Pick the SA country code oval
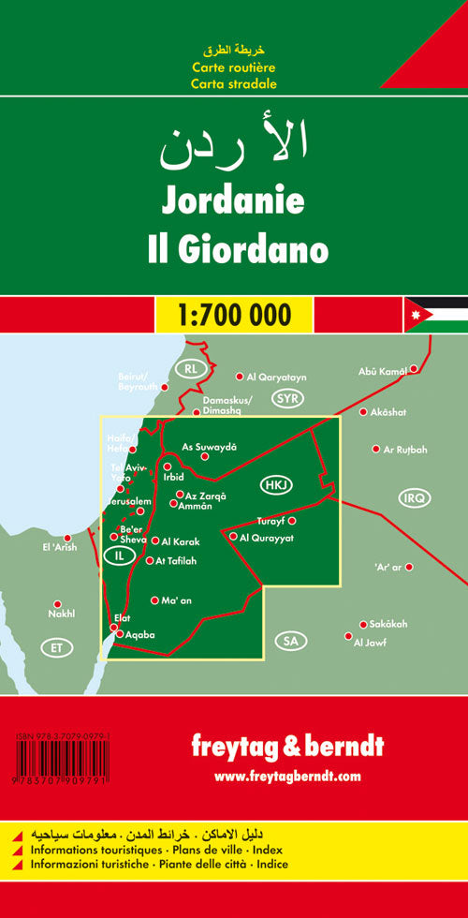290,641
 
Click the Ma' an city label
176,600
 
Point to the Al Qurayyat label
267,538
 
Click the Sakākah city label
392,624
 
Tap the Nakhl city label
61,614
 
